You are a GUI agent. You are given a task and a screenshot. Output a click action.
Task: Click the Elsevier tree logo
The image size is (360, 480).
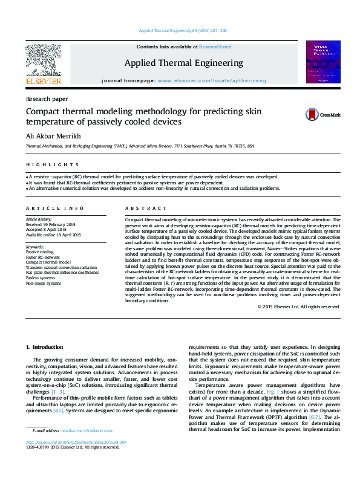43,63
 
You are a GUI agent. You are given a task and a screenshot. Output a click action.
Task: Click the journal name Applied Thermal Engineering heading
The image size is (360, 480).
183,63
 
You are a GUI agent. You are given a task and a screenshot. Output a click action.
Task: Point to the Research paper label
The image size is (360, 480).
46,98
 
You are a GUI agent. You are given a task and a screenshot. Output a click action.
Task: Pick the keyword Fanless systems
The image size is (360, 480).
39,278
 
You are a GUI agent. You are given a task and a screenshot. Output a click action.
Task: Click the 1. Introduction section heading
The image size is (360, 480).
46,347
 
